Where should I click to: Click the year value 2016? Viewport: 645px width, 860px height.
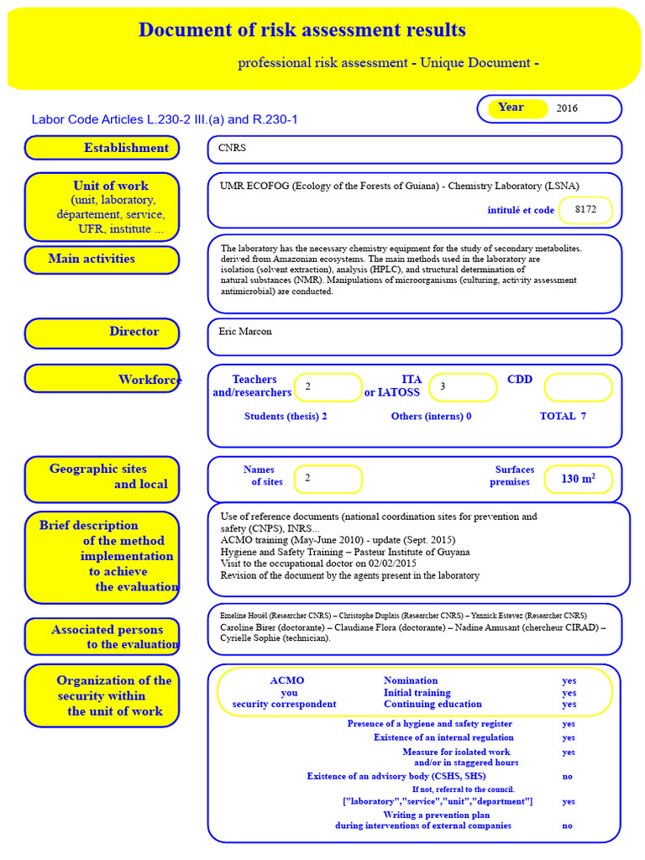567,108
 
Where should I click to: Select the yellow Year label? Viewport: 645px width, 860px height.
511,107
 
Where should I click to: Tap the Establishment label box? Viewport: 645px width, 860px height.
102,148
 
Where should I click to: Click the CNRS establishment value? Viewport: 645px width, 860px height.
232,148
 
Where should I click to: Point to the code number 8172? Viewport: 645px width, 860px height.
585,210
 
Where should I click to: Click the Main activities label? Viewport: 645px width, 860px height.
102,260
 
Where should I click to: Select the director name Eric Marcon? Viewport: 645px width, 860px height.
245,332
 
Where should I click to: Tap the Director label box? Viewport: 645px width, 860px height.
102,333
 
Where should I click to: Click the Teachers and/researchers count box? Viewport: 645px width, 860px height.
328,387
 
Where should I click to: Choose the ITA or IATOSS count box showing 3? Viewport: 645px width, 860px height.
462,387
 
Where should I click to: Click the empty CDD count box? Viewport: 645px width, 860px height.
578,387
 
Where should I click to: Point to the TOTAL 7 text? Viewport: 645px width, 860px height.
563,417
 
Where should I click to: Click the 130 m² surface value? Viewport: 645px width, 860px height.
578,479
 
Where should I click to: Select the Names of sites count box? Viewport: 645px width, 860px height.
328,479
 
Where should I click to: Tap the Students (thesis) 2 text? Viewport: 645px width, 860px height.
286,417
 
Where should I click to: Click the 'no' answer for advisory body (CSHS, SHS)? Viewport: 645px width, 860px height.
568,777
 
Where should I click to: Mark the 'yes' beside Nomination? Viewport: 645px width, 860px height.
569,681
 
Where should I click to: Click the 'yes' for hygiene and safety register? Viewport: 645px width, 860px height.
569,724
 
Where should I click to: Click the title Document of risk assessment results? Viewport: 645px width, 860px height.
302,31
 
